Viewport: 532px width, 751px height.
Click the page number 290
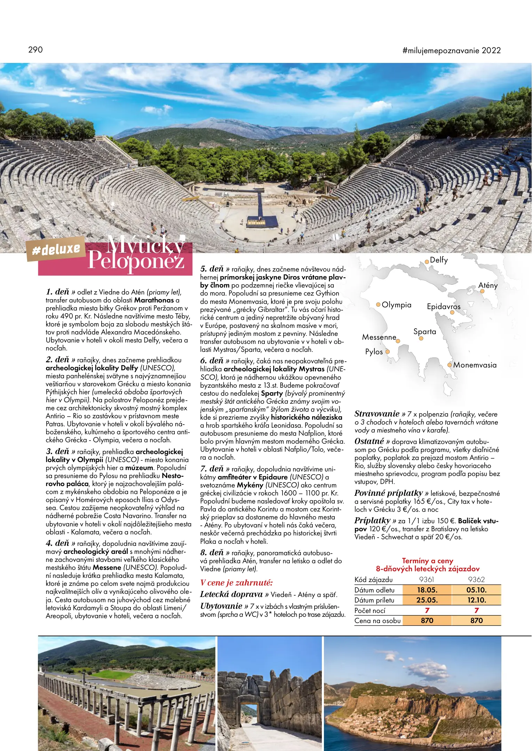pos(35,50)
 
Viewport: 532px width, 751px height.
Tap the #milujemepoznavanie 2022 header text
pos(451,50)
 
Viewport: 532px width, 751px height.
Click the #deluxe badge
pos(56,249)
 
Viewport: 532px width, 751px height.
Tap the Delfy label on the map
pos(439,260)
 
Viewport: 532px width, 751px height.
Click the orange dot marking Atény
pos(482,291)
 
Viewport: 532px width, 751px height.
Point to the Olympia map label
pos(396,305)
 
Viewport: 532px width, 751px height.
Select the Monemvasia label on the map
pos(475,365)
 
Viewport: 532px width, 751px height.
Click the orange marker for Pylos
pos(387,352)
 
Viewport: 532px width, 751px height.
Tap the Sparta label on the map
pos(424,332)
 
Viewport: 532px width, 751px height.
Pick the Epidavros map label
pos(444,307)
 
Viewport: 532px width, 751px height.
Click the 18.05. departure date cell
pos(427,590)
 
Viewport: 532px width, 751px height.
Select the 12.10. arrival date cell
pos(476,600)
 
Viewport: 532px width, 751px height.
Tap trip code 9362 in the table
pos(476,580)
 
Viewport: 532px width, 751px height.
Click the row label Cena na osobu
pos(378,621)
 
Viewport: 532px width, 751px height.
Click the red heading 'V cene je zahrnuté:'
pos(236,583)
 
